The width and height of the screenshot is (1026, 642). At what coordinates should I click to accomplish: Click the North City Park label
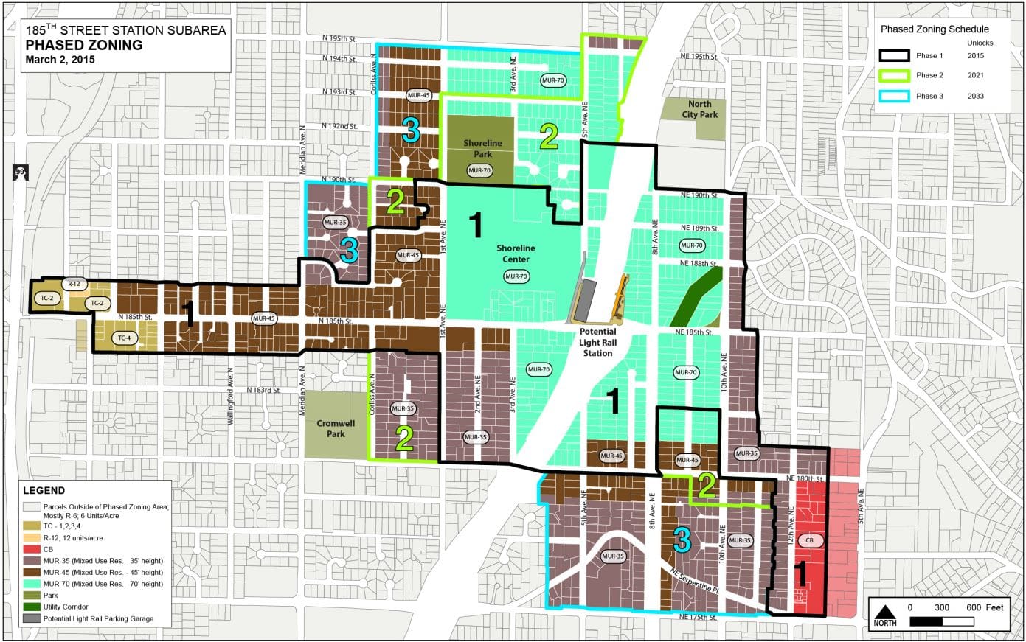click(699, 110)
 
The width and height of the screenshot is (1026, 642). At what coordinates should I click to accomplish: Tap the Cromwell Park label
click(336, 428)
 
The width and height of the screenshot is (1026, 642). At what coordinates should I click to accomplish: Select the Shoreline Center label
click(516, 254)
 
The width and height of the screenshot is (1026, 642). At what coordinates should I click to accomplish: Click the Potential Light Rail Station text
click(597, 343)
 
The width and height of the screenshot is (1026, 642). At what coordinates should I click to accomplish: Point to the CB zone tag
click(809, 540)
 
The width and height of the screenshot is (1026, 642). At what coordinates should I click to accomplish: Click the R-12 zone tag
click(74, 284)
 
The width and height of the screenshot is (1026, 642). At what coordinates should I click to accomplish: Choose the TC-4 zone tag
click(123, 338)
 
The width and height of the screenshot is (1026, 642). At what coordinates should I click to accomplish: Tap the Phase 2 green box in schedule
click(894, 75)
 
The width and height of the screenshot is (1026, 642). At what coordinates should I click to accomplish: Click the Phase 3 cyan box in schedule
click(894, 96)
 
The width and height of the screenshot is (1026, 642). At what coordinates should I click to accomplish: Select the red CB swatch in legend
click(32, 549)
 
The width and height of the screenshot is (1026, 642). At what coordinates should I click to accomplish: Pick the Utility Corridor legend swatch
click(32, 607)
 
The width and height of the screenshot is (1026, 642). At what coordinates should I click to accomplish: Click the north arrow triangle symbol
click(885, 611)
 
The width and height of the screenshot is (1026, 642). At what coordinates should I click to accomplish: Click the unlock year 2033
click(976, 96)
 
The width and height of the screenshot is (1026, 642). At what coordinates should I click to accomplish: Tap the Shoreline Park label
click(482, 148)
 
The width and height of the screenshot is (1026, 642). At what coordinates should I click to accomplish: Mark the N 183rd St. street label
click(263, 390)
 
